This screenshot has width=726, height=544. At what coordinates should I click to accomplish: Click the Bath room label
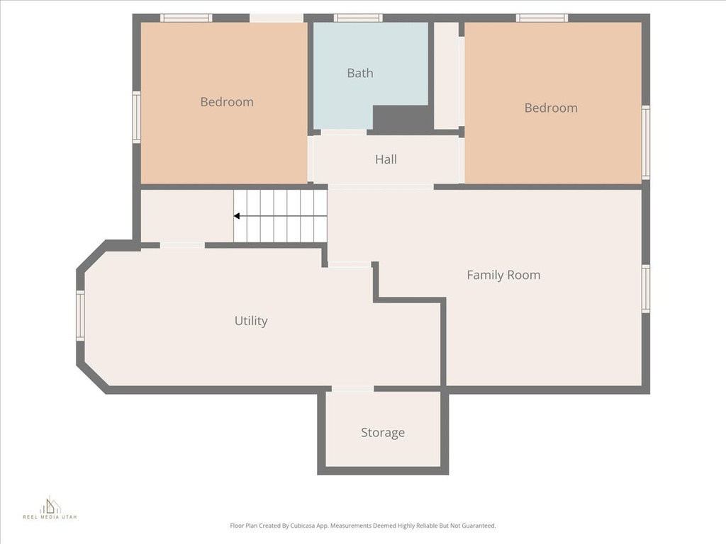point(359,73)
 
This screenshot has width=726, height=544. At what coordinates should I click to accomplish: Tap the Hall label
point(386,159)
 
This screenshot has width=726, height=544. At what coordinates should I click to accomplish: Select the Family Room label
point(503,275)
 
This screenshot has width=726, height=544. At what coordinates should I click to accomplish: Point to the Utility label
point(251,321)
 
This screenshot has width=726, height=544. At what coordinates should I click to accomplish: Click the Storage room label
point(383,433)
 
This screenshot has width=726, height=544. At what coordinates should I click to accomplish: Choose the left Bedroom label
point(227,102)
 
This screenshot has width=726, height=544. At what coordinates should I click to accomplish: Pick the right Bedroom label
point(551,108)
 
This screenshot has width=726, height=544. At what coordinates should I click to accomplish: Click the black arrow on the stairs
point(238,216)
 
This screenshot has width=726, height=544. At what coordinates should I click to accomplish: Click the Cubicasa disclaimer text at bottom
point(363,526)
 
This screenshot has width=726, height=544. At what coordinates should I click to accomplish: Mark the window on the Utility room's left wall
point(80,316)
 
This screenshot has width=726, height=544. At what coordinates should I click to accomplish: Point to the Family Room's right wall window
point(645,288)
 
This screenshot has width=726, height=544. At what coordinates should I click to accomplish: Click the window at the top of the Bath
point(358,18)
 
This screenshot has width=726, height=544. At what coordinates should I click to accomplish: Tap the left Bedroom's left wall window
point(136,118)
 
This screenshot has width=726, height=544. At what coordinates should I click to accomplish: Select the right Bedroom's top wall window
point(542,18)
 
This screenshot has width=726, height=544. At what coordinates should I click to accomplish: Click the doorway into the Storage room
point(352,389)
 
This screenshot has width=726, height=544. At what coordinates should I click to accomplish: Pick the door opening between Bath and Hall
point(344,132)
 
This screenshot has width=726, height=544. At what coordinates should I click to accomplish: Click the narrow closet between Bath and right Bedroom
point(446,76)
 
